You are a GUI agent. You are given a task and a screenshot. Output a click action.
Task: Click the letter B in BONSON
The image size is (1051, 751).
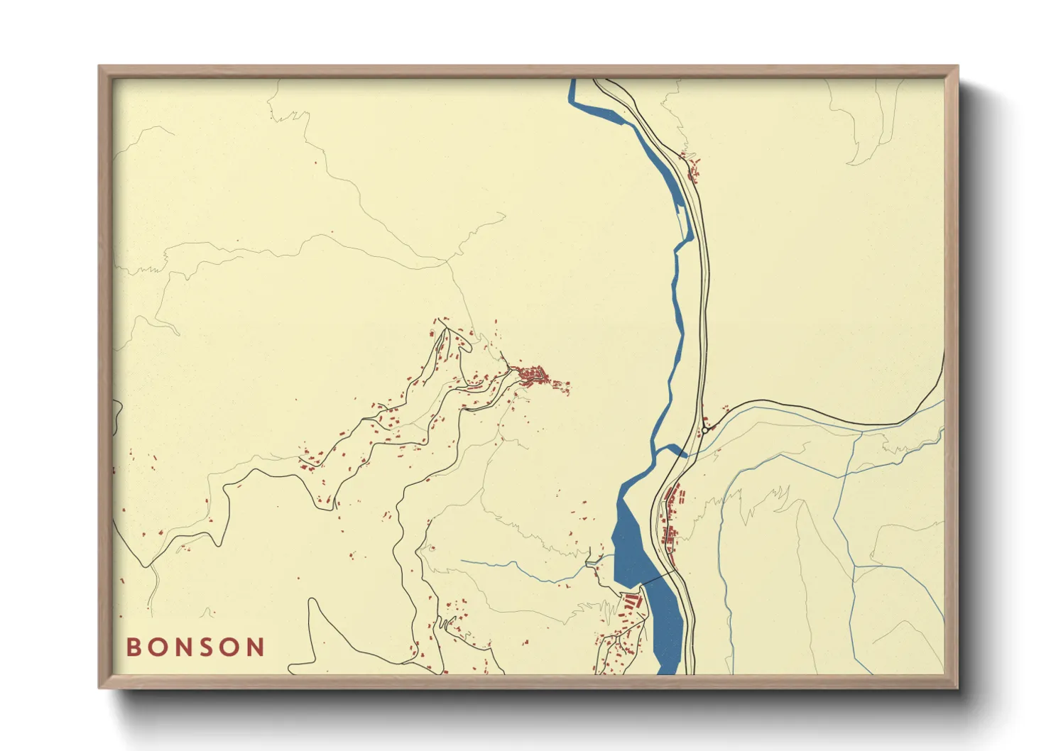pyautogui.click(x=134, y=647)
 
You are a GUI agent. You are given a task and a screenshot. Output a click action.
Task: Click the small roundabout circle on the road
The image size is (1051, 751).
pyautogui.click(x=705, y=429)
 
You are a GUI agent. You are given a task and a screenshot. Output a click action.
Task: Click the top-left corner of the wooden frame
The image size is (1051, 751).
pyautogui.click(x=99, y=67)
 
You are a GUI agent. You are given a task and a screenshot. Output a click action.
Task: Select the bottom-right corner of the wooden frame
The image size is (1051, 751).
pyautogui.click(x=957, y=687)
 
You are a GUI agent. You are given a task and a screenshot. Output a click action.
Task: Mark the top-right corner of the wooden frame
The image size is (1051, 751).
pyautogui.click(x=957, y=67)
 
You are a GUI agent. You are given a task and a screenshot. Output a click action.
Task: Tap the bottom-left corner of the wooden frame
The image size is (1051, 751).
pyautogui.click(x=99, y=687)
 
